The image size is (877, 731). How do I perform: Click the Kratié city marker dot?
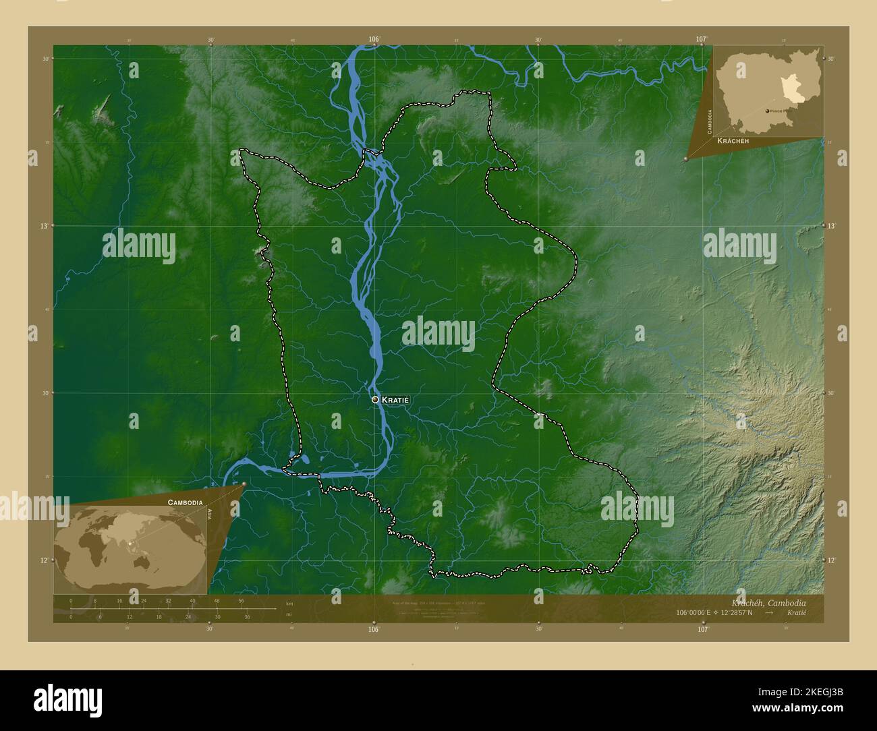(375, 399)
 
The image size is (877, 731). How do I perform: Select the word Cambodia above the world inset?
(185, 503)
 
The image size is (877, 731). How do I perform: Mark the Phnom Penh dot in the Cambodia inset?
(767, 111)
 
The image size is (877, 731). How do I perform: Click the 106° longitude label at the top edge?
(374, 39)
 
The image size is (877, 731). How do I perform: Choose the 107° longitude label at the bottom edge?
(703, 629)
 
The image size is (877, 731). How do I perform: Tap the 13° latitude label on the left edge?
(44, 226)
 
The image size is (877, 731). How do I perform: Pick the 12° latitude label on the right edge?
(832, 560)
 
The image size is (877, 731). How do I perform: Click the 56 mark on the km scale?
(241, 601)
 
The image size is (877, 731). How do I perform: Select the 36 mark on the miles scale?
(247, 617)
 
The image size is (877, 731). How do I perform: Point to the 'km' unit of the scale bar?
(289, 603)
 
